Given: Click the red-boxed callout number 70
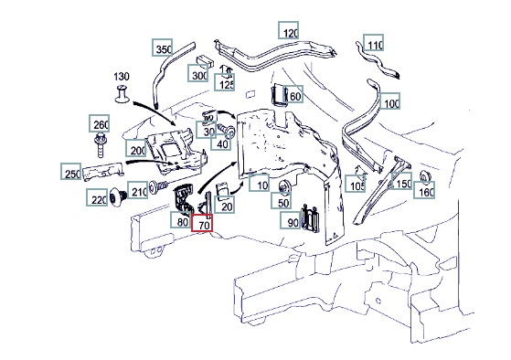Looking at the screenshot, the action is [x=202, y=223].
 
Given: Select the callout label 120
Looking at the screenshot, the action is [x=289, y=30].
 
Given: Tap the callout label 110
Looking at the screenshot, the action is [x=374, y=43].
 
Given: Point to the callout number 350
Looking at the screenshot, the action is [x=163, y=48].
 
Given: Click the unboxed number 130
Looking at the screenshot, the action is [x=122, y=77].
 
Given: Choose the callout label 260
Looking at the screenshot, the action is [x=100, y=123].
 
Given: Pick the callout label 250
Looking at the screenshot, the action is [x=71, y=172].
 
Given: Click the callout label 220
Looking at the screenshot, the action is [x=97, y=197].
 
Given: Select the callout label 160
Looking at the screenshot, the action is [x=424, y=190].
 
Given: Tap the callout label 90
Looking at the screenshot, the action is [x=291, y=220].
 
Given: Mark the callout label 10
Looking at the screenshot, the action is [x=259, y=183].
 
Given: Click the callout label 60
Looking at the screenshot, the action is [x=293, y=94].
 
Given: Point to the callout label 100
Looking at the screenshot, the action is [x=390, y=101].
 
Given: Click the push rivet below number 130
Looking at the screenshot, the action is [x=122, y=93].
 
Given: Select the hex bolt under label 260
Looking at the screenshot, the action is [x=100, y=144].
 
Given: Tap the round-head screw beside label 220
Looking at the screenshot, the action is [x=118, y=196].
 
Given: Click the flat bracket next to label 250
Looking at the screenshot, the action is [x=103, y=171].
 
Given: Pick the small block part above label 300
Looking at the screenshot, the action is [x=205, y=61].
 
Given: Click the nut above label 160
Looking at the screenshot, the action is [x=425, y=176].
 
